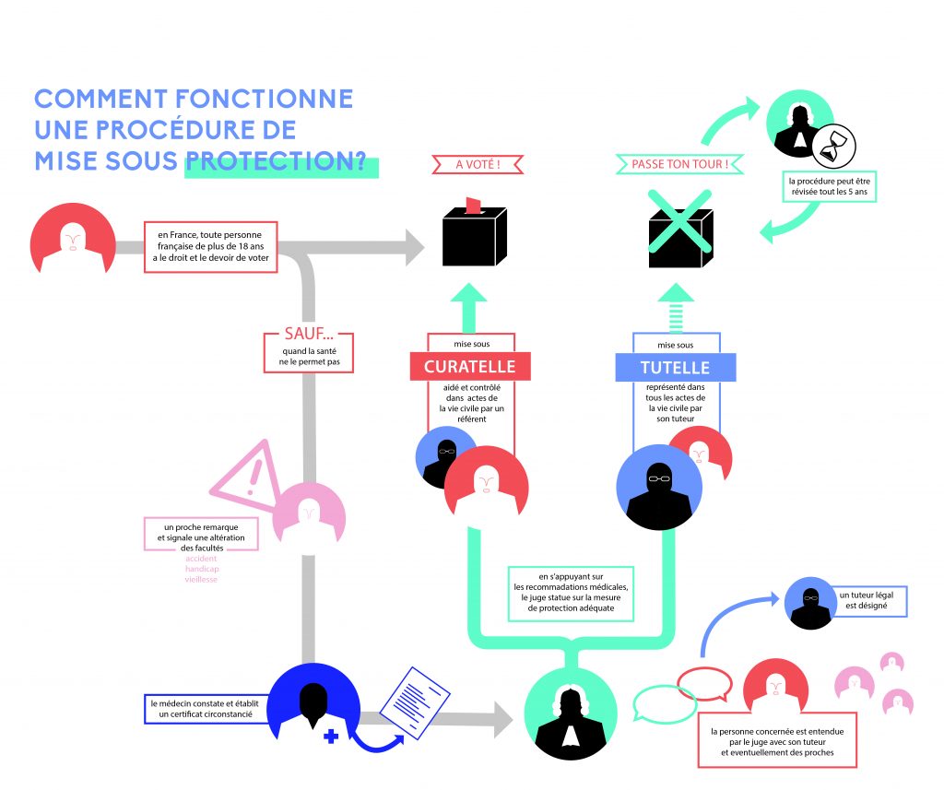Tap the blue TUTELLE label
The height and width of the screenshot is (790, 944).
(675, 367)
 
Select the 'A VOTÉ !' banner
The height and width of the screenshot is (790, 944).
(477, 166)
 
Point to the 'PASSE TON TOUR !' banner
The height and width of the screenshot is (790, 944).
(679, 165)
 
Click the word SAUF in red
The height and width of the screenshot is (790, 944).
(291, 335)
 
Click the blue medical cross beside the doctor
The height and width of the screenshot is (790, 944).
(331, 737)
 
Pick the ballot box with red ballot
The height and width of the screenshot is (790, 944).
(475, 234)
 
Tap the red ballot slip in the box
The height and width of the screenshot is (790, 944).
(474, 204)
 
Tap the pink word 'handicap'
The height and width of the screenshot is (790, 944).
(202, 569)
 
